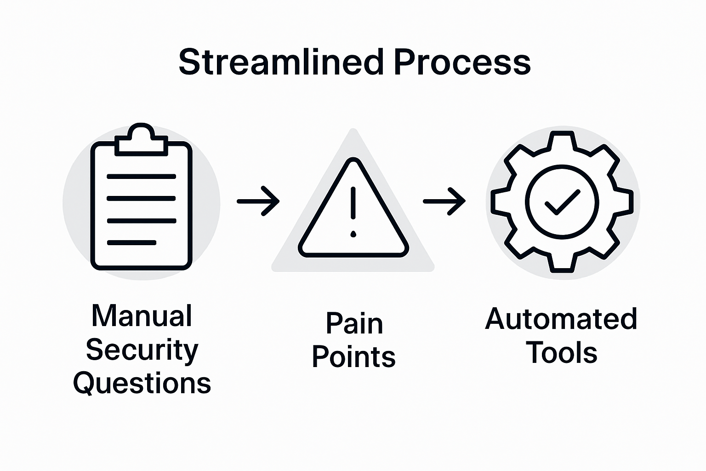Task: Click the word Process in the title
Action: click(x=462, y=62)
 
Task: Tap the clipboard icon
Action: click(x=142, y=202)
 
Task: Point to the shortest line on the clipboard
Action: click(x=131, y=242)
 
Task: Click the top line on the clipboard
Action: click(x=142, y=176)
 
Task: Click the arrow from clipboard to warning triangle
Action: click(x=258, y=201)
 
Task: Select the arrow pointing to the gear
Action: click(x=444, y=201)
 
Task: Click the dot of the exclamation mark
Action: click(x=353, y=234)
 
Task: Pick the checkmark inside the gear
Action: click(x=562, y=202)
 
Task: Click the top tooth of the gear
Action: click(x=562, y=139)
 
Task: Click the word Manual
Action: click(x=142, y=316)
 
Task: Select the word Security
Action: click(x=142, y=350)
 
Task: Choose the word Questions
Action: click(x=142, y=384)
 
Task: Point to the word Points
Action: click(x=353, y=357)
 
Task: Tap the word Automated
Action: click(x=561, y=319)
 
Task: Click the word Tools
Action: click(x=561, y=353)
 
